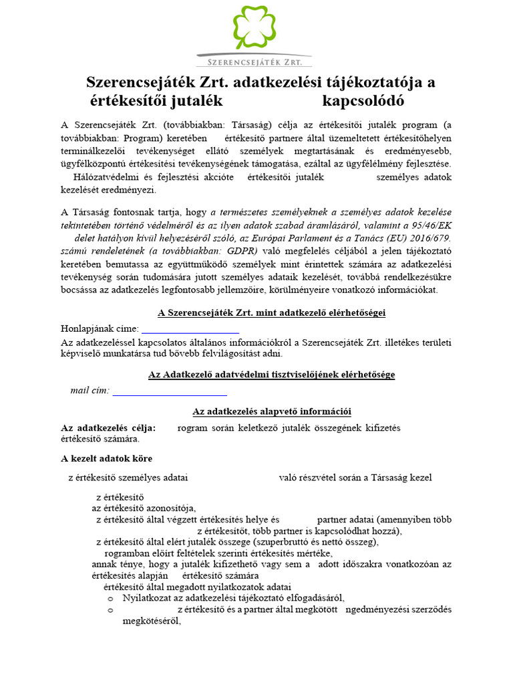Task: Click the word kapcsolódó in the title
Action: coord(363,101)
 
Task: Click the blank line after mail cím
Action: coord(170,391)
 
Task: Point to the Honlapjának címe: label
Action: coord(100,328)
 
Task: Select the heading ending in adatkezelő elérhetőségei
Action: coord(271,312)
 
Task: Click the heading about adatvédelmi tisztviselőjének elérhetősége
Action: coord(271,375)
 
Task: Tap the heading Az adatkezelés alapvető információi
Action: coord(271,411)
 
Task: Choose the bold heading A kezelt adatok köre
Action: coord(106,458)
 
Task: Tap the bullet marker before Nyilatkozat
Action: coord(110,598)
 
